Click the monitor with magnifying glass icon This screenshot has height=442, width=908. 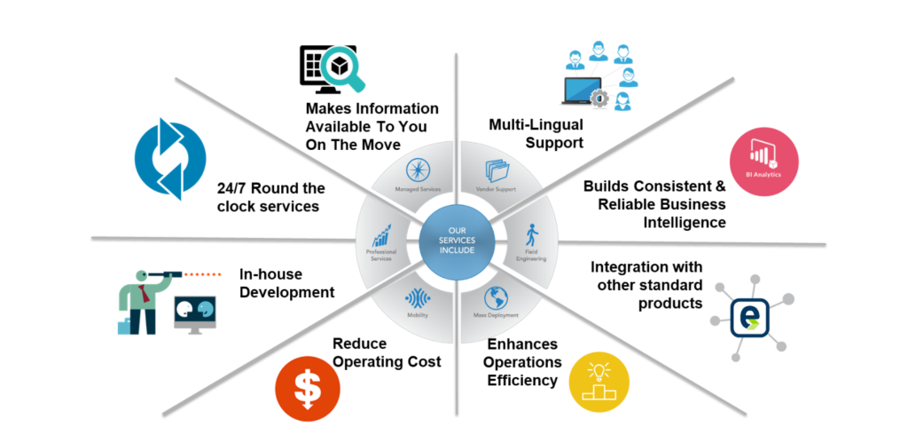pos(331,67)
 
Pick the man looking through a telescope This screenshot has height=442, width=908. pos(142,293)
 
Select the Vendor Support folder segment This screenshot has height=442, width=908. pos(494,175)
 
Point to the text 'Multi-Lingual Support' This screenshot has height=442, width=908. pos(536,133)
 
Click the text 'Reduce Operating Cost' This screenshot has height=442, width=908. pos(387,352)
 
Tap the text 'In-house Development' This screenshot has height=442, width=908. pos(286,283)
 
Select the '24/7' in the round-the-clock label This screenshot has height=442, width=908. pos(235,188)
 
